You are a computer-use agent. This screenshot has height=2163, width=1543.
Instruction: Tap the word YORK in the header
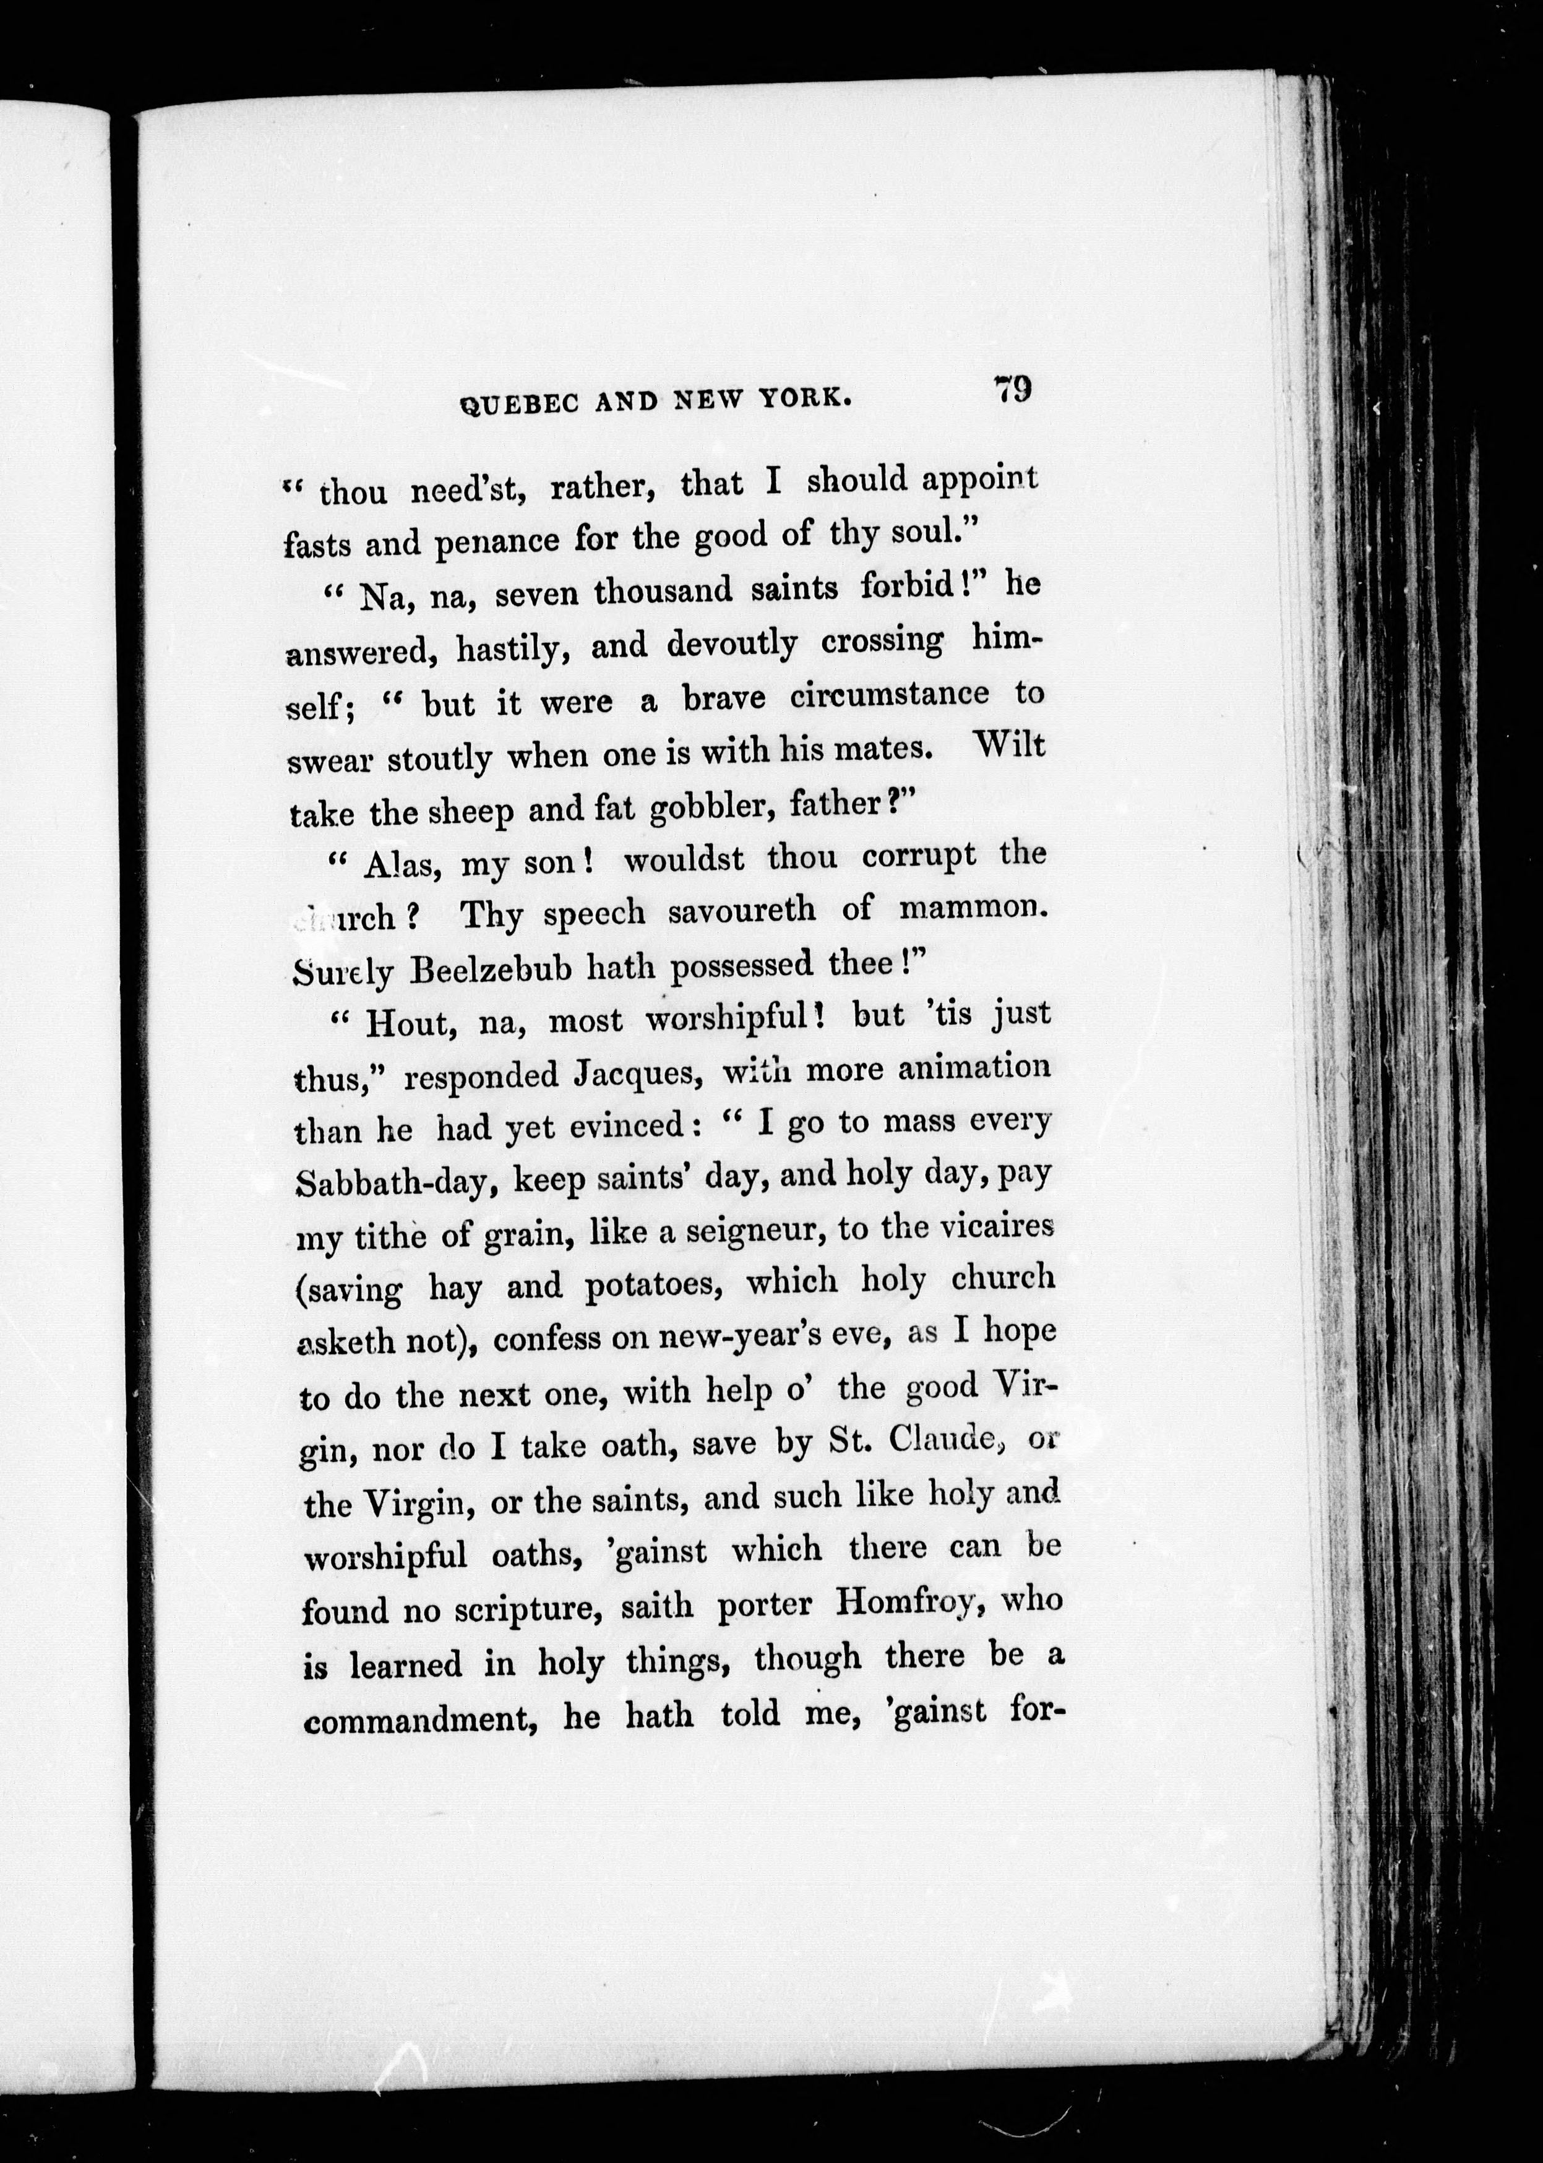[805, 399]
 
